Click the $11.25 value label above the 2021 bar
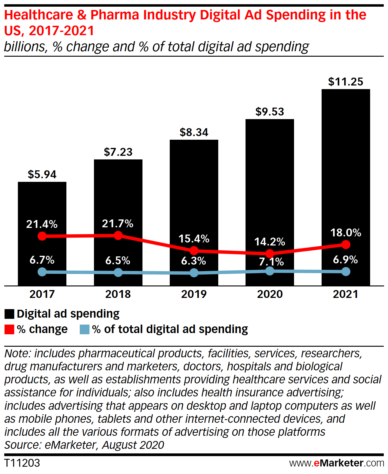click(x=346, y=82)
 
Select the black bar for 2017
click(x=42, y=206)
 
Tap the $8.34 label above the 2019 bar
click(x=194, y=132)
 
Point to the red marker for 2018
click(x=118, y=235)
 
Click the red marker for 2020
click(x=270, y=253)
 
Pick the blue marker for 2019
click(x=194, y=273)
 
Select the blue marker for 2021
click(x=346, y=272)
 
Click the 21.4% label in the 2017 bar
click(x=42, y=224)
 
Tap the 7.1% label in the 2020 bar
click(x=271, y=262)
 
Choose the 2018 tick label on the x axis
click(x=118, y=294)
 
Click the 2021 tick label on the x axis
click(x=346, y=294)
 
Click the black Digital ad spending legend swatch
click(x=9, y=314)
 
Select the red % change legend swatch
click(x=9, y=329)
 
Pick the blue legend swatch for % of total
click(x=85, y=329)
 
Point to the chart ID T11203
click(x=22, y=463)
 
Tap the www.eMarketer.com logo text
click(x=336, y=463)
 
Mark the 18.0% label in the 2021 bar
click(x=346, y=233)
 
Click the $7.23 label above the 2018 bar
click(x=118, y=152)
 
